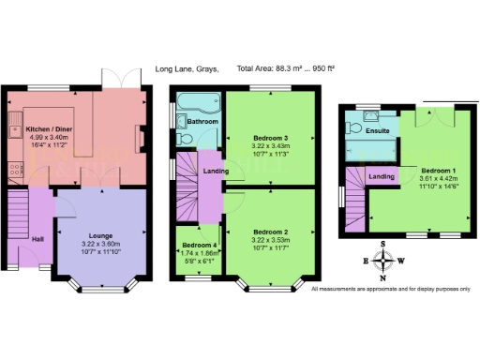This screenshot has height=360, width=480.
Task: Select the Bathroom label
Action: coord(202,122)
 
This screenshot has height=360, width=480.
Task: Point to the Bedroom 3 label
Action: coord(269,138)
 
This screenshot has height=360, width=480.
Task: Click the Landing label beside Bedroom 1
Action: coord(382,176)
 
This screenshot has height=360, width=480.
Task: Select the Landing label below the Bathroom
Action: coord(217,169)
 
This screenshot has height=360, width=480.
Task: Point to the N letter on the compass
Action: coord(382,278)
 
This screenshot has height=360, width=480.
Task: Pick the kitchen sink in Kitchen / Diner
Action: coord(15,128)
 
